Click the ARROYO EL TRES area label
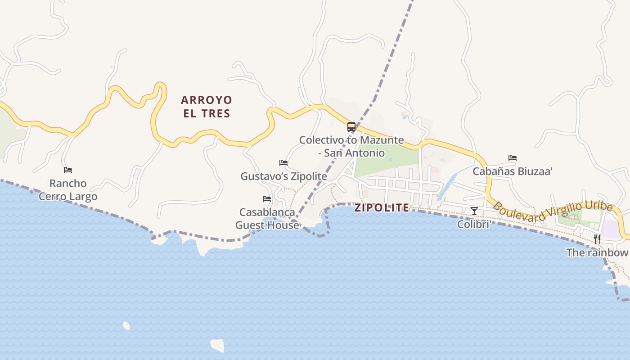tap(206, 106)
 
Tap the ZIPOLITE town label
tap(382, 208)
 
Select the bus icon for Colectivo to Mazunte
tap(351, 127)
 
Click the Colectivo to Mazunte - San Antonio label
tap(351, 146)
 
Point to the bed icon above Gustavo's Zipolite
tap(283, 162)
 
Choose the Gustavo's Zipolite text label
tap(283, 176)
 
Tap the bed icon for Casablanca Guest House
tap(267, 198)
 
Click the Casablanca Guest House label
tap(267, 218)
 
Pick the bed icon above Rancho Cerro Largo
tap(68, 170)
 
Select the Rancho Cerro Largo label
tap(68, 190)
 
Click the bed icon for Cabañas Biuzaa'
tap(512, 158)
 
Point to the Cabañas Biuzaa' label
tap(512, 171)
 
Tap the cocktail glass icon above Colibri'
tap(474, 211)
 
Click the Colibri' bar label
tap(474, 224)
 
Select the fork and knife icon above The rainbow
tap(597, 239)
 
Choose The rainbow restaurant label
tap(597, 252)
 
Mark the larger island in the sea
tap(217, 345)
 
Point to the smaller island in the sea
tap(126, 325)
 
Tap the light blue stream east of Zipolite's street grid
tap(447, 186)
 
